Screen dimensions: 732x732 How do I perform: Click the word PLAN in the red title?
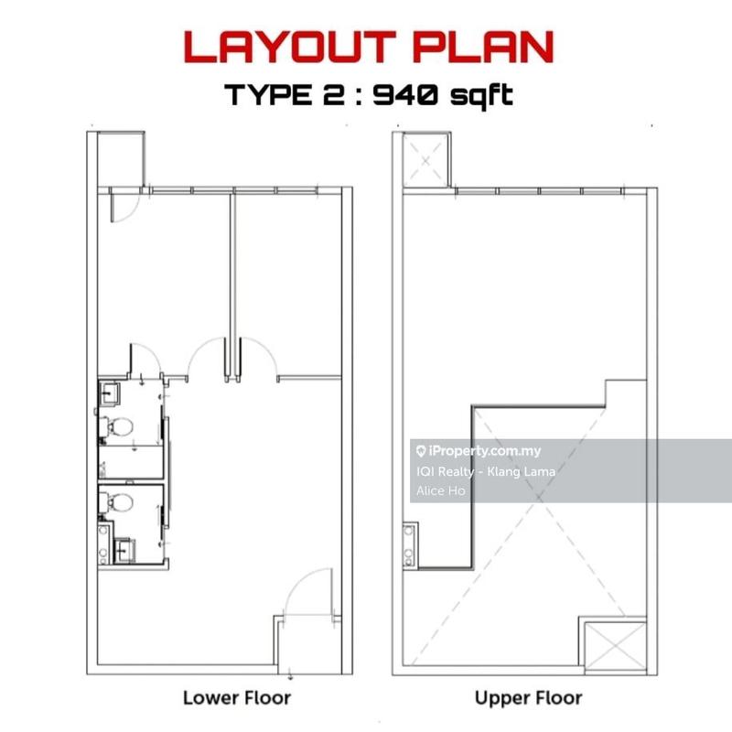tap(484, 48)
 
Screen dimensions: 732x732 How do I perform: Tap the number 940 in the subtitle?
tap(405, 95)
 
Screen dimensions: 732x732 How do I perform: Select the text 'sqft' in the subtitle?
tap(482, 96)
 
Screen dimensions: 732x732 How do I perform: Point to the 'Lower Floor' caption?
tap(237, 698)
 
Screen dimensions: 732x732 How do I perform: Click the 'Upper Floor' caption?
tap(528, 698)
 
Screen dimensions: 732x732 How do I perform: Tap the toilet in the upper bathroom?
tap(117, 425)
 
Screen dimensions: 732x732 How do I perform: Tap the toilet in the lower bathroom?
tap(117, 502)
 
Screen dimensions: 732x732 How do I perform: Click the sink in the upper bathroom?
tap(110, 394)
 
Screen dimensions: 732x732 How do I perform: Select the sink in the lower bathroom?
tap(125, 551)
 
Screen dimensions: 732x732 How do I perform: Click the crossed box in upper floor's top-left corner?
tap(425, 161)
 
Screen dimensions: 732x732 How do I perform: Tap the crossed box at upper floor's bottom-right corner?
tap(615, 646)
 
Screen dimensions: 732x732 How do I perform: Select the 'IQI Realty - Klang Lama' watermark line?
tap(486, 471)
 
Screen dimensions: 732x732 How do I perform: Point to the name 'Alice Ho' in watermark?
tap(441, 490)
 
